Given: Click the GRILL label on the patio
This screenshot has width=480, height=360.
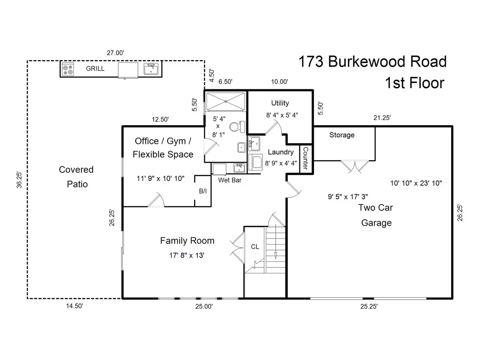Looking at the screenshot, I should click(95, 69).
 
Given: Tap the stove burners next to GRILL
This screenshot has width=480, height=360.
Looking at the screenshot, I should click(68, 69).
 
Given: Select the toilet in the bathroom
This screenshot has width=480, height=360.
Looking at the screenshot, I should click(235, 126).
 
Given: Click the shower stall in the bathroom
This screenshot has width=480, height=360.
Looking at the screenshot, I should click(225, 101).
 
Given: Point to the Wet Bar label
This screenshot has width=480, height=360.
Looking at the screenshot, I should click(230, 180).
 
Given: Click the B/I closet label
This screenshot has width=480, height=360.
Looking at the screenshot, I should click(202, 191).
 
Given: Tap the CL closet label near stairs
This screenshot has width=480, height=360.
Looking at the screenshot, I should click(255, 247).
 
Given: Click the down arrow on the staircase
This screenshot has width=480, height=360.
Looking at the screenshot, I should click(276, 255).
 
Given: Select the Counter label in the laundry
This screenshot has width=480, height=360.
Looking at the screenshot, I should click(305, 158).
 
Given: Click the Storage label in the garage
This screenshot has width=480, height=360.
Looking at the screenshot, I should click(342, 135).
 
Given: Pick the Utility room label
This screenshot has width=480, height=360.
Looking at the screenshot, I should click(280, 103).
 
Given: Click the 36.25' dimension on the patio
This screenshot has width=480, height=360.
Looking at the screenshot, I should click(19, 180).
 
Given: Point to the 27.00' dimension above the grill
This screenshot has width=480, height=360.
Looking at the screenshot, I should click(115, 53).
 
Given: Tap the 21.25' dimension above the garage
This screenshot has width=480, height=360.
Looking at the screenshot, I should click(382, 118).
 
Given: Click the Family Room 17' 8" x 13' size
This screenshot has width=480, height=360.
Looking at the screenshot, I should click(187, 255).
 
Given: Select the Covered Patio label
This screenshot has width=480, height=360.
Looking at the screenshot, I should click(76, 177).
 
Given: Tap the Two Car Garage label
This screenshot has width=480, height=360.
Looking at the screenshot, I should click(376, 215).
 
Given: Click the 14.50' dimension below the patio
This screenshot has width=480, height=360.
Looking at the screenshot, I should click(75, 306).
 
